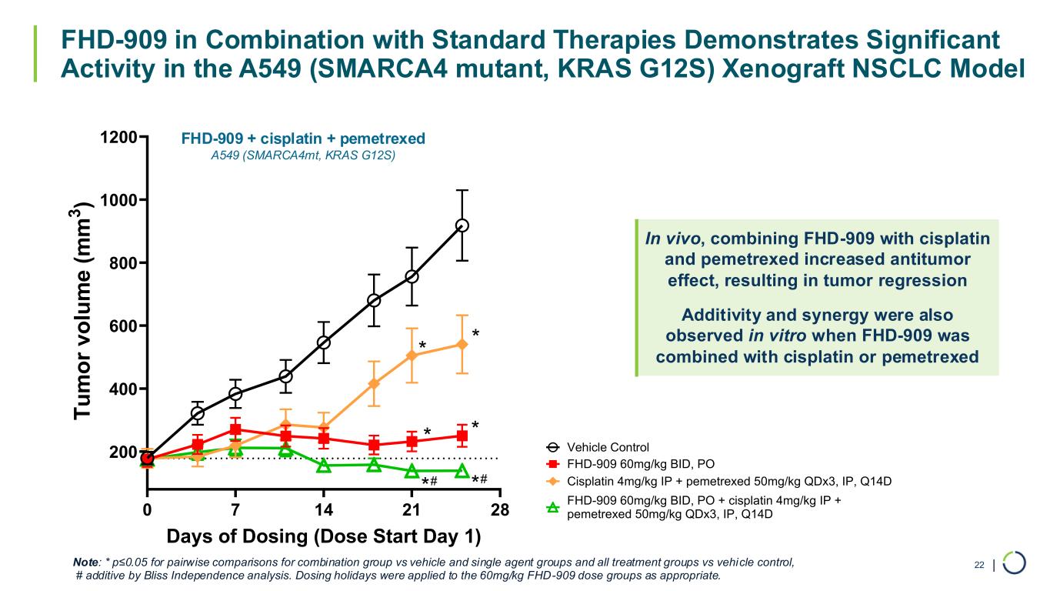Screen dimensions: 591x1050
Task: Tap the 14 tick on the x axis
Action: coord(324,509)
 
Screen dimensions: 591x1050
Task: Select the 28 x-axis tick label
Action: coord(500,509)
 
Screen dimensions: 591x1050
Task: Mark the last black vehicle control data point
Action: coord(462,225)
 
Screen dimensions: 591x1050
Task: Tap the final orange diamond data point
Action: coord(462,344)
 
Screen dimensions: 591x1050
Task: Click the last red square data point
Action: coord(462,436)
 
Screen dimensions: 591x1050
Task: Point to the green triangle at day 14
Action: coord(324,466)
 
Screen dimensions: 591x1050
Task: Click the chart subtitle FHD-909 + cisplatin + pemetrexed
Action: coord(303,139)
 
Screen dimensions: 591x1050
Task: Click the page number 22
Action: coord(979,566)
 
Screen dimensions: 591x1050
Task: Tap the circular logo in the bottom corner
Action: coord(1015,563)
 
